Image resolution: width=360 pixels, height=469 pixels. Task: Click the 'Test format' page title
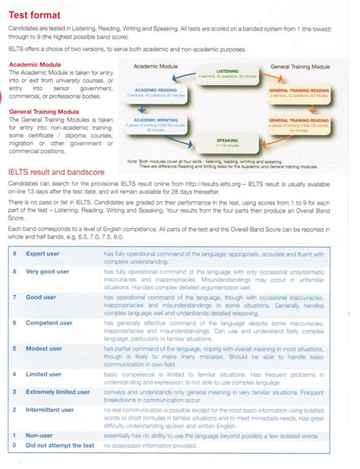point(38,14)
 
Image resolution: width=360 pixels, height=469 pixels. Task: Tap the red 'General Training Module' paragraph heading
point(46,112)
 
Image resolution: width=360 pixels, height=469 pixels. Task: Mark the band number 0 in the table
point(14,445)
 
